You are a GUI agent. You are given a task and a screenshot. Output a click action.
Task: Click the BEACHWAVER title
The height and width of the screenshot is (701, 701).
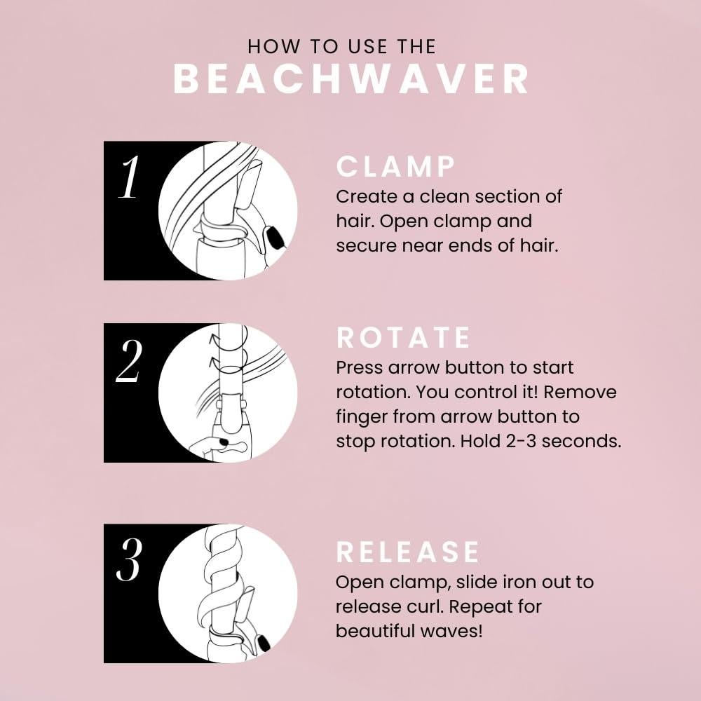350,79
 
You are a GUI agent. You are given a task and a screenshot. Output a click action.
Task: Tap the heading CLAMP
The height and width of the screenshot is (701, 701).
396,167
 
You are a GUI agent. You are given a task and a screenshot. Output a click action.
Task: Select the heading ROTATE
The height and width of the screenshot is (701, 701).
404,338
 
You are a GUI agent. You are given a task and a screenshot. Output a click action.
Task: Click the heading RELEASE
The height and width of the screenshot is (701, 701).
408,552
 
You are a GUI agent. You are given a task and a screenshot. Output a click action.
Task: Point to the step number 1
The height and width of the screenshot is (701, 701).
129,179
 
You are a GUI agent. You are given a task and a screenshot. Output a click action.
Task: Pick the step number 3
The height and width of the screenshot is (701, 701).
129,562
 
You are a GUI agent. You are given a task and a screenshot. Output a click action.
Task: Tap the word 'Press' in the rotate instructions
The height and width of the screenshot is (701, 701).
359,367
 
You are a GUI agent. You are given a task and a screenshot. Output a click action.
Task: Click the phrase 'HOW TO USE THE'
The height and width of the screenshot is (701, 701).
342,47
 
